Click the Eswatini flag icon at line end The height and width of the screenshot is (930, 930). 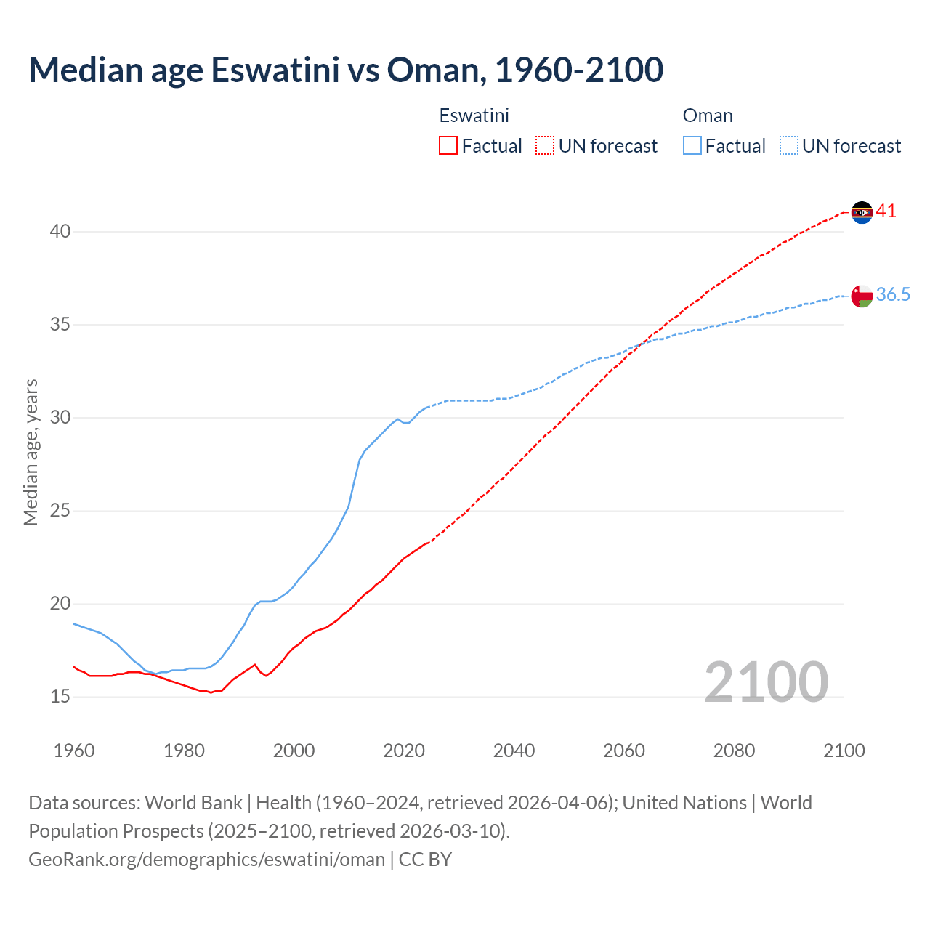[x=862, y=212]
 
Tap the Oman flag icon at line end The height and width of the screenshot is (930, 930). [x=862, y=296]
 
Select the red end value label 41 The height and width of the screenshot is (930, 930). [x=886, y=211]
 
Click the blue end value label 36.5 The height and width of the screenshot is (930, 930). [x=893, y=294]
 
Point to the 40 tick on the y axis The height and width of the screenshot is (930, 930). [x=60, y=232]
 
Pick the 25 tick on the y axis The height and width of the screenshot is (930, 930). [x=60, y=511]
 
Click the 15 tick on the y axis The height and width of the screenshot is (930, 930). [x=60, y=697]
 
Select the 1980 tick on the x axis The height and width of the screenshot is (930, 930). [x=184, y=751]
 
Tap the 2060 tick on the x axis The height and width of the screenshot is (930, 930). [x=624, y=751]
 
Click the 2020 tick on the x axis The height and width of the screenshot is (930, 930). [x=404, y=751]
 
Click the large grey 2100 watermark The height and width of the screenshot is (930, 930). [x=766, y=682]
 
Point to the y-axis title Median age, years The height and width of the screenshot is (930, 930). [x=31, y=452]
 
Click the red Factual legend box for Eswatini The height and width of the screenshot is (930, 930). [x=448, y=146]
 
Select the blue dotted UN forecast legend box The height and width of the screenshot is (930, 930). [x=789, y=146]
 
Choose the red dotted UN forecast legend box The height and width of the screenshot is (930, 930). [x=545, y=146]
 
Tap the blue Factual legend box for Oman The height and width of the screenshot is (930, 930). [x=692, y=146]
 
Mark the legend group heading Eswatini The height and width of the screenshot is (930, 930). [x=474, y=116]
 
